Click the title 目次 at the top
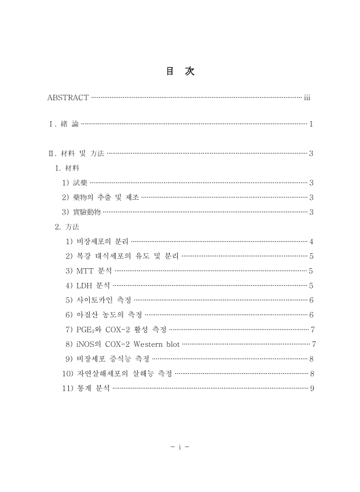[180, 72]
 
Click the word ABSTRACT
[68, 98]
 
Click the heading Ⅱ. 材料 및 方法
[76, 153]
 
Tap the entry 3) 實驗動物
[81, 212]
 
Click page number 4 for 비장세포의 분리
[312, 241]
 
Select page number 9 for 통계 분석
[312, 389]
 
